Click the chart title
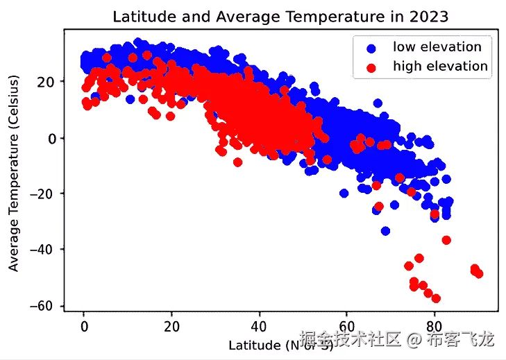pyautogui.click(x=280, y=15)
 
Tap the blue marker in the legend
pyautogui.click(x=371, y=48)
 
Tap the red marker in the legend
pyautogui.click(x=371, y=67)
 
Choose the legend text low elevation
pyautogui.click(x=437, y=47)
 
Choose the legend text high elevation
pyautogui.click(x=440, y=67)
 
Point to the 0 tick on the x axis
pyautogui.click(x=84, y=325)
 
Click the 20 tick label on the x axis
pyautogui.click(x=171, y=325)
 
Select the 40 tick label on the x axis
pyautogui.click(x=259, y=325)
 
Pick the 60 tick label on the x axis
pyautogui.click(x=346, y=325)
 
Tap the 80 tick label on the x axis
pyautogui.click(x=434, y=325)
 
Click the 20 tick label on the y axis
pyautogui.click(x=49, y=82)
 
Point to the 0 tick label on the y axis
pyautogui.click(x=53, y=138)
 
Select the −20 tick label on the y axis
pyautogui.click(x=46, y=194)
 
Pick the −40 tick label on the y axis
pyautogui.click(x=46, y=250)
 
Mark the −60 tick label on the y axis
pyautogui.click(x=46, y=306)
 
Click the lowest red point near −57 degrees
pyautogui.click(x=436, y=298)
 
